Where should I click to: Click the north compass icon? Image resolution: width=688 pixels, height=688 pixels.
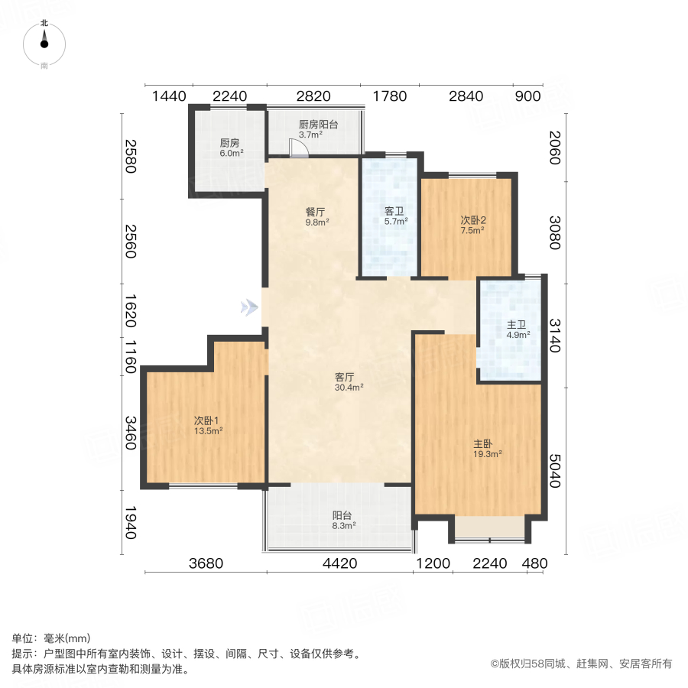[44, 41]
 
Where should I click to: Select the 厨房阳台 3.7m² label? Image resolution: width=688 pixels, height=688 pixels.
[317, 129]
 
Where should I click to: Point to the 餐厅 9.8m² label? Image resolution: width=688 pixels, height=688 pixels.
[316, 218]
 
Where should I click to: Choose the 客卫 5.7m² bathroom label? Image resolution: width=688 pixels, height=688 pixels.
[395, 216]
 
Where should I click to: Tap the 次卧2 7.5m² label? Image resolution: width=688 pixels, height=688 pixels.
[472, 225]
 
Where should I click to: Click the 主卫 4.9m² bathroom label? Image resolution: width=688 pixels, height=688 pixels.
[518, 329]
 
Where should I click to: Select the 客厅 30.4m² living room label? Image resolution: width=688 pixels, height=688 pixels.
[348, 381]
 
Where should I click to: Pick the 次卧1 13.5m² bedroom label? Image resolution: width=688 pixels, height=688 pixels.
[207, 425]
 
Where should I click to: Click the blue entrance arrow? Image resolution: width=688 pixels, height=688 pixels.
[248, 307]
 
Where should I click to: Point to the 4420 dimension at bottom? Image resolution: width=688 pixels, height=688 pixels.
[340, 564]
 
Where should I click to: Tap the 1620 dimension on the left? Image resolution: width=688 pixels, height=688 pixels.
[130, 312]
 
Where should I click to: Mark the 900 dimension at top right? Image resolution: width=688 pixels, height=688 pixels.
[528, 96]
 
